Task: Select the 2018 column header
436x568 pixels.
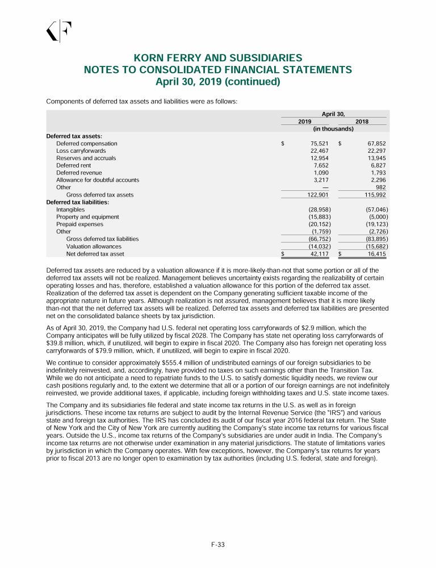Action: (362, 122)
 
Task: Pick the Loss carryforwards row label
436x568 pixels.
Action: (81, 151)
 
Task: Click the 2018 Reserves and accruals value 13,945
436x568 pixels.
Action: (376, 158)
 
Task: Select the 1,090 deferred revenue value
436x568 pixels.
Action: (322, 172)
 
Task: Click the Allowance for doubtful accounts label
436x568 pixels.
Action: (97, 179)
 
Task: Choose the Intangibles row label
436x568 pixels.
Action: (70, 210)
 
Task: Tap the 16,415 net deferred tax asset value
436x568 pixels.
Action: (376, 254)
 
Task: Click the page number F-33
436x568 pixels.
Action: (218, 545)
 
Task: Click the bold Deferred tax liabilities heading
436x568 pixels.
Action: (77, 202)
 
